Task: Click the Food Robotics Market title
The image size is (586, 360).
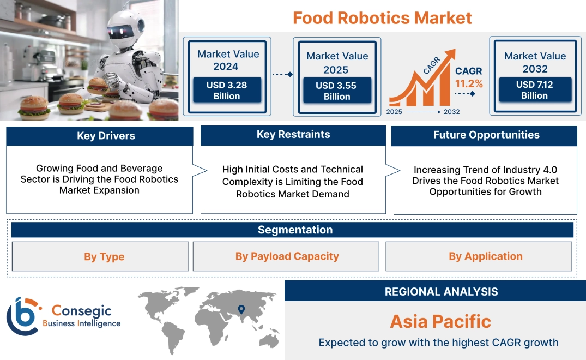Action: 382,17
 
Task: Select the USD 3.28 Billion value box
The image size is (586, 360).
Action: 227,90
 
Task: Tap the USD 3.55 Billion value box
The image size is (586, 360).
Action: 337,91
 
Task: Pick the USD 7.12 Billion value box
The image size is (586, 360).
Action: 534,89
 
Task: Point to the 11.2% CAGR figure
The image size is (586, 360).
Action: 469,83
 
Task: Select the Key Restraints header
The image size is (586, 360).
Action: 293,135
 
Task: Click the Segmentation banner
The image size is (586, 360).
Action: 295,230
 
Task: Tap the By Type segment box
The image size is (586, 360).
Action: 104,256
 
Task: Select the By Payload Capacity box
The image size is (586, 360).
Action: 287,256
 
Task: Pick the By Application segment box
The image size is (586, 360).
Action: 485,256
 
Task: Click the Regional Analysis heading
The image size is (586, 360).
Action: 441,292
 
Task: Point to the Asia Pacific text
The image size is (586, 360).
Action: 440,321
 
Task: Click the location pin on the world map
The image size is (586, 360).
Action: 240,310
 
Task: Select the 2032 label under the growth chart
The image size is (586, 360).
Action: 451,112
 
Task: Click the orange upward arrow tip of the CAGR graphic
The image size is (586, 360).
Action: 450,53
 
